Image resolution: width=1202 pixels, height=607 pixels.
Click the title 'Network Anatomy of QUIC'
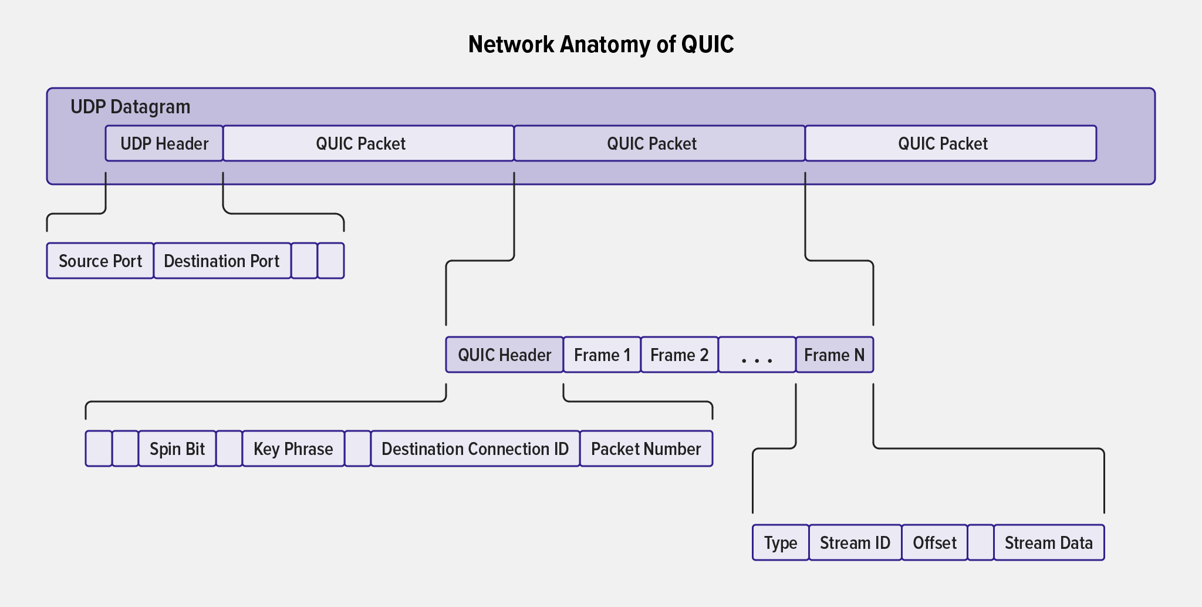[x=601, y=45]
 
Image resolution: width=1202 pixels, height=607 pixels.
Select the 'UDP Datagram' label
[x=130, y=107]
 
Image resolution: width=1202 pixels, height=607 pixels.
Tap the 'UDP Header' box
[x=164, y=143]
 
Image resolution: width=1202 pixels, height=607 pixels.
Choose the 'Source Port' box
[x=100, y=261]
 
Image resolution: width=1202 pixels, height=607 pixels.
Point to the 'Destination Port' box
[x=222, y=261]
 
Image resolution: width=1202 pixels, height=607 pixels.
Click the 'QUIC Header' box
[x=504, y=355]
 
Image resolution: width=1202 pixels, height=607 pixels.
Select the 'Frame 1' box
[x=602, y=355]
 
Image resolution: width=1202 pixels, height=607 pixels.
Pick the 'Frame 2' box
[x=679, y=355]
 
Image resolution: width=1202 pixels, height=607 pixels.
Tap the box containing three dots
[x=757, y=355]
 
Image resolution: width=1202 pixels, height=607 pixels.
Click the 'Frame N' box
[x=834, y=355]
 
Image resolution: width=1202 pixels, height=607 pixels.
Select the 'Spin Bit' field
[x=177, y=448]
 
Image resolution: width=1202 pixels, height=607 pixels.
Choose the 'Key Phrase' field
[x=293, y=448]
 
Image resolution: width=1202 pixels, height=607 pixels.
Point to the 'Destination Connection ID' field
[x=475, y=448]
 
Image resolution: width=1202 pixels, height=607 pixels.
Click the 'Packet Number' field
[x=646, y=448]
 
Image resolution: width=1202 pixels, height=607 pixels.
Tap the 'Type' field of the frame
[x=781, y=542]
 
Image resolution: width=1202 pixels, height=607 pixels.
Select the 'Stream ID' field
[x=855, y=542]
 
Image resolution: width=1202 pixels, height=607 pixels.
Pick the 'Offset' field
[x=934, y=542]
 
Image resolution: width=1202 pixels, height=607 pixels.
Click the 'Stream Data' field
[x=1048, y=542]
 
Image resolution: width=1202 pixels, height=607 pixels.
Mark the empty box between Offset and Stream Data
[x=980, y=542]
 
